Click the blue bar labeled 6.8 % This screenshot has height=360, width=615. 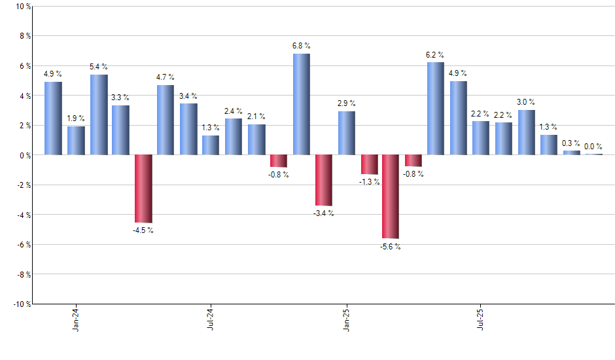click(301, 104)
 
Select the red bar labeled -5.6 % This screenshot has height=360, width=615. click(391, 196)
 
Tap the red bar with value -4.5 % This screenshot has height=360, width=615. click(143, 189)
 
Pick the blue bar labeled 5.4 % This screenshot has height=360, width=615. click(99, 115)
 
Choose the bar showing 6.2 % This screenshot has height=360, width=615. click(436, 109)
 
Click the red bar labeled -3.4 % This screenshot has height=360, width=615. click(323, 180)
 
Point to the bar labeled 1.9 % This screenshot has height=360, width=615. click(76, 141)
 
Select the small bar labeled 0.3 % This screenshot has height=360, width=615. click(571, 153)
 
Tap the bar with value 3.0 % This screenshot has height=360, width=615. click(526, 132)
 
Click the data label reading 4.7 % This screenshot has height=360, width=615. click(165, 77)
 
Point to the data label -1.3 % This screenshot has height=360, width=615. click(369, 182)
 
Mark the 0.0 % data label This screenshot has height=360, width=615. click(593, 147)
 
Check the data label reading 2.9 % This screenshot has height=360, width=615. click(346, 103)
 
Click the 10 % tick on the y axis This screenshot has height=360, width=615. click(22, 7)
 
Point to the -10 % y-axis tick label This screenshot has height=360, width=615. click(20, 304)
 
